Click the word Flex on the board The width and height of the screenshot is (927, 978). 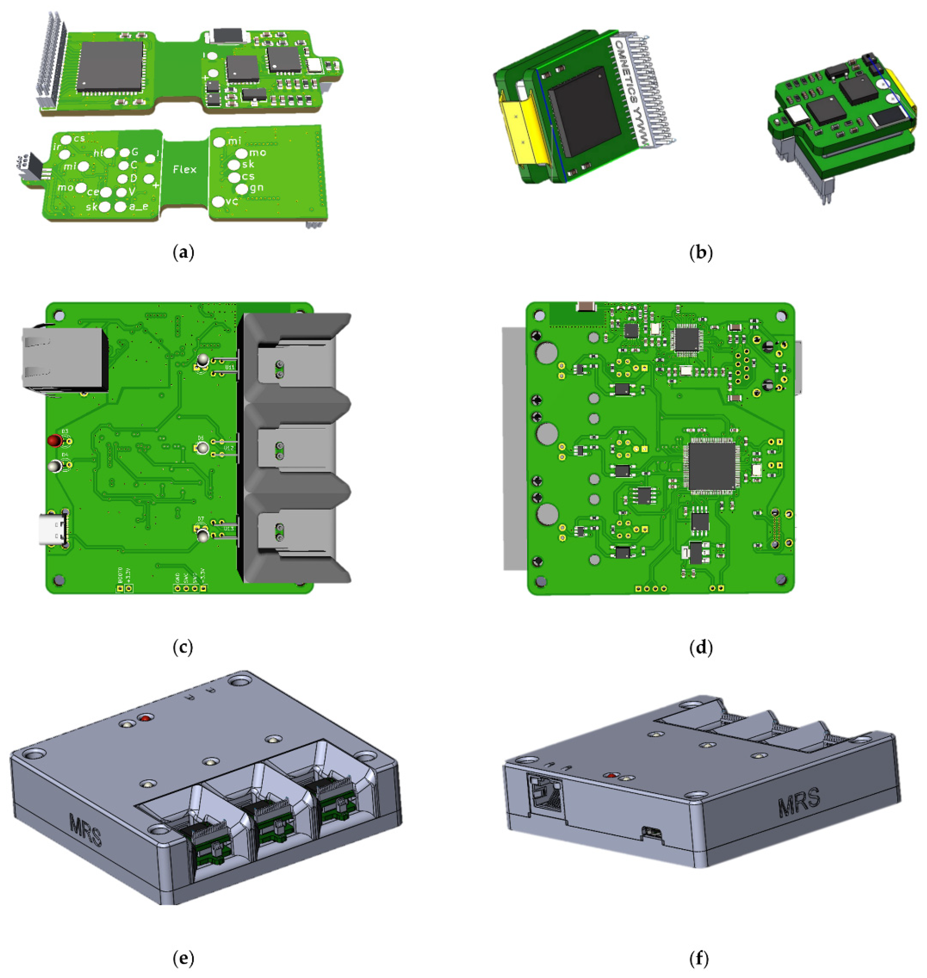pyautogui.click(x=184, y=170)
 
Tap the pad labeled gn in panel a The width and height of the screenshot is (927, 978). pyautogui.click(x=242, y=189)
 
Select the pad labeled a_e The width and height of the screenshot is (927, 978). pyautogui.click(x=120, y=207)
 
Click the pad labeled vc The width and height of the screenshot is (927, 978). pyautogui.click(x=218, y=201)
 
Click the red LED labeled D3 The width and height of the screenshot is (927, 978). pyautogui.click(x=54, y=440)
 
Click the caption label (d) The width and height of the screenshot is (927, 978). pyautogui.click(x=701, y=647)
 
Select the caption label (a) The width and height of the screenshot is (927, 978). pyautogui.click(x=184, y=253)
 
